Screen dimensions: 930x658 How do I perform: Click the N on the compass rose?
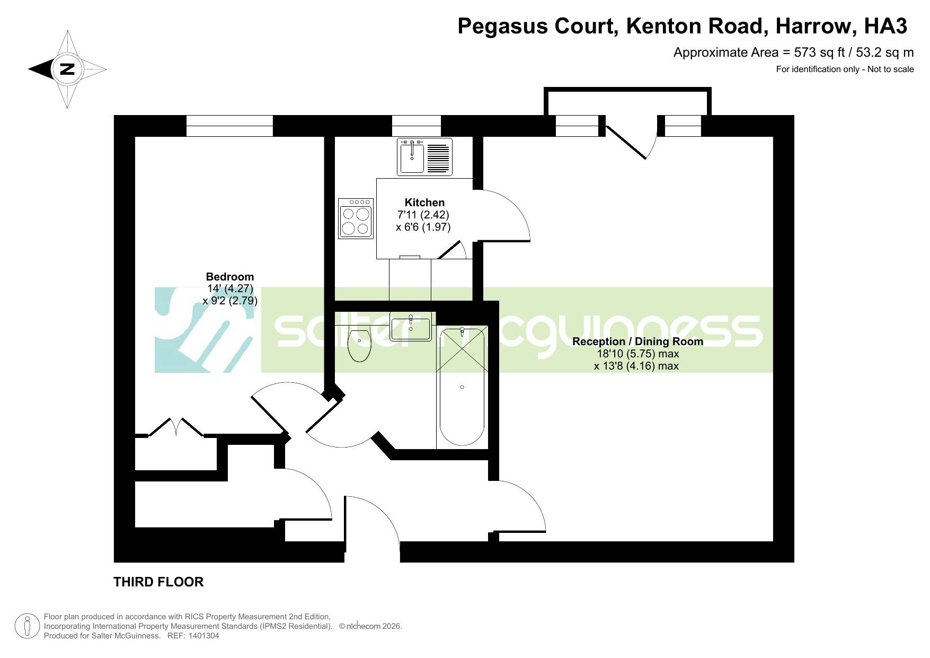67,69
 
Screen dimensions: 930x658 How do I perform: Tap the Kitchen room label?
424,203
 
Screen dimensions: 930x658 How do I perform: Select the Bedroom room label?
230,277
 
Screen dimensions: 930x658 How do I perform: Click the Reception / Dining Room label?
638,341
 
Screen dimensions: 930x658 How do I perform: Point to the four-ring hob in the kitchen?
356,218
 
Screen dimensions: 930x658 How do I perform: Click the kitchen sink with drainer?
425,157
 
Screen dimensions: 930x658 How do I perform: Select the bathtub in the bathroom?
462,387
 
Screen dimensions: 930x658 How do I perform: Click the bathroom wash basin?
411,327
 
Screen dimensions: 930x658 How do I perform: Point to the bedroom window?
229,126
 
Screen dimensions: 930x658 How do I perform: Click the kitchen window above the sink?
417,126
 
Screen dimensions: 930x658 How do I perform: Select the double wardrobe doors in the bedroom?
176,427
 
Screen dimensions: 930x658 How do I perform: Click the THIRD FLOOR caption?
158,582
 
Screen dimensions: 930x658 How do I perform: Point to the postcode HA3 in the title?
885,25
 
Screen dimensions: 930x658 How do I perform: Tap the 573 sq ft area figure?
816,52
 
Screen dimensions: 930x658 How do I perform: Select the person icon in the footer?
27,626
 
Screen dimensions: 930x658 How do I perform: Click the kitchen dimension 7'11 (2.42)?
423,215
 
